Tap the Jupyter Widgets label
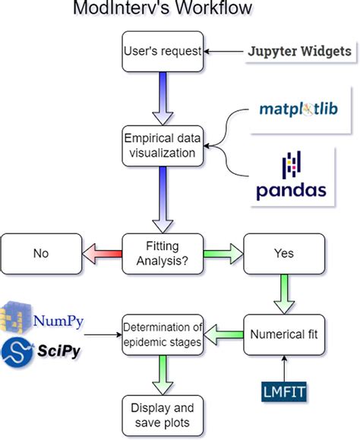pos(300,52)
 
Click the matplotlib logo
pos(293,111)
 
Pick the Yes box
pos(283,253)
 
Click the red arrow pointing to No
pos(103,253)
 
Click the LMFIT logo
pos(283,391)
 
